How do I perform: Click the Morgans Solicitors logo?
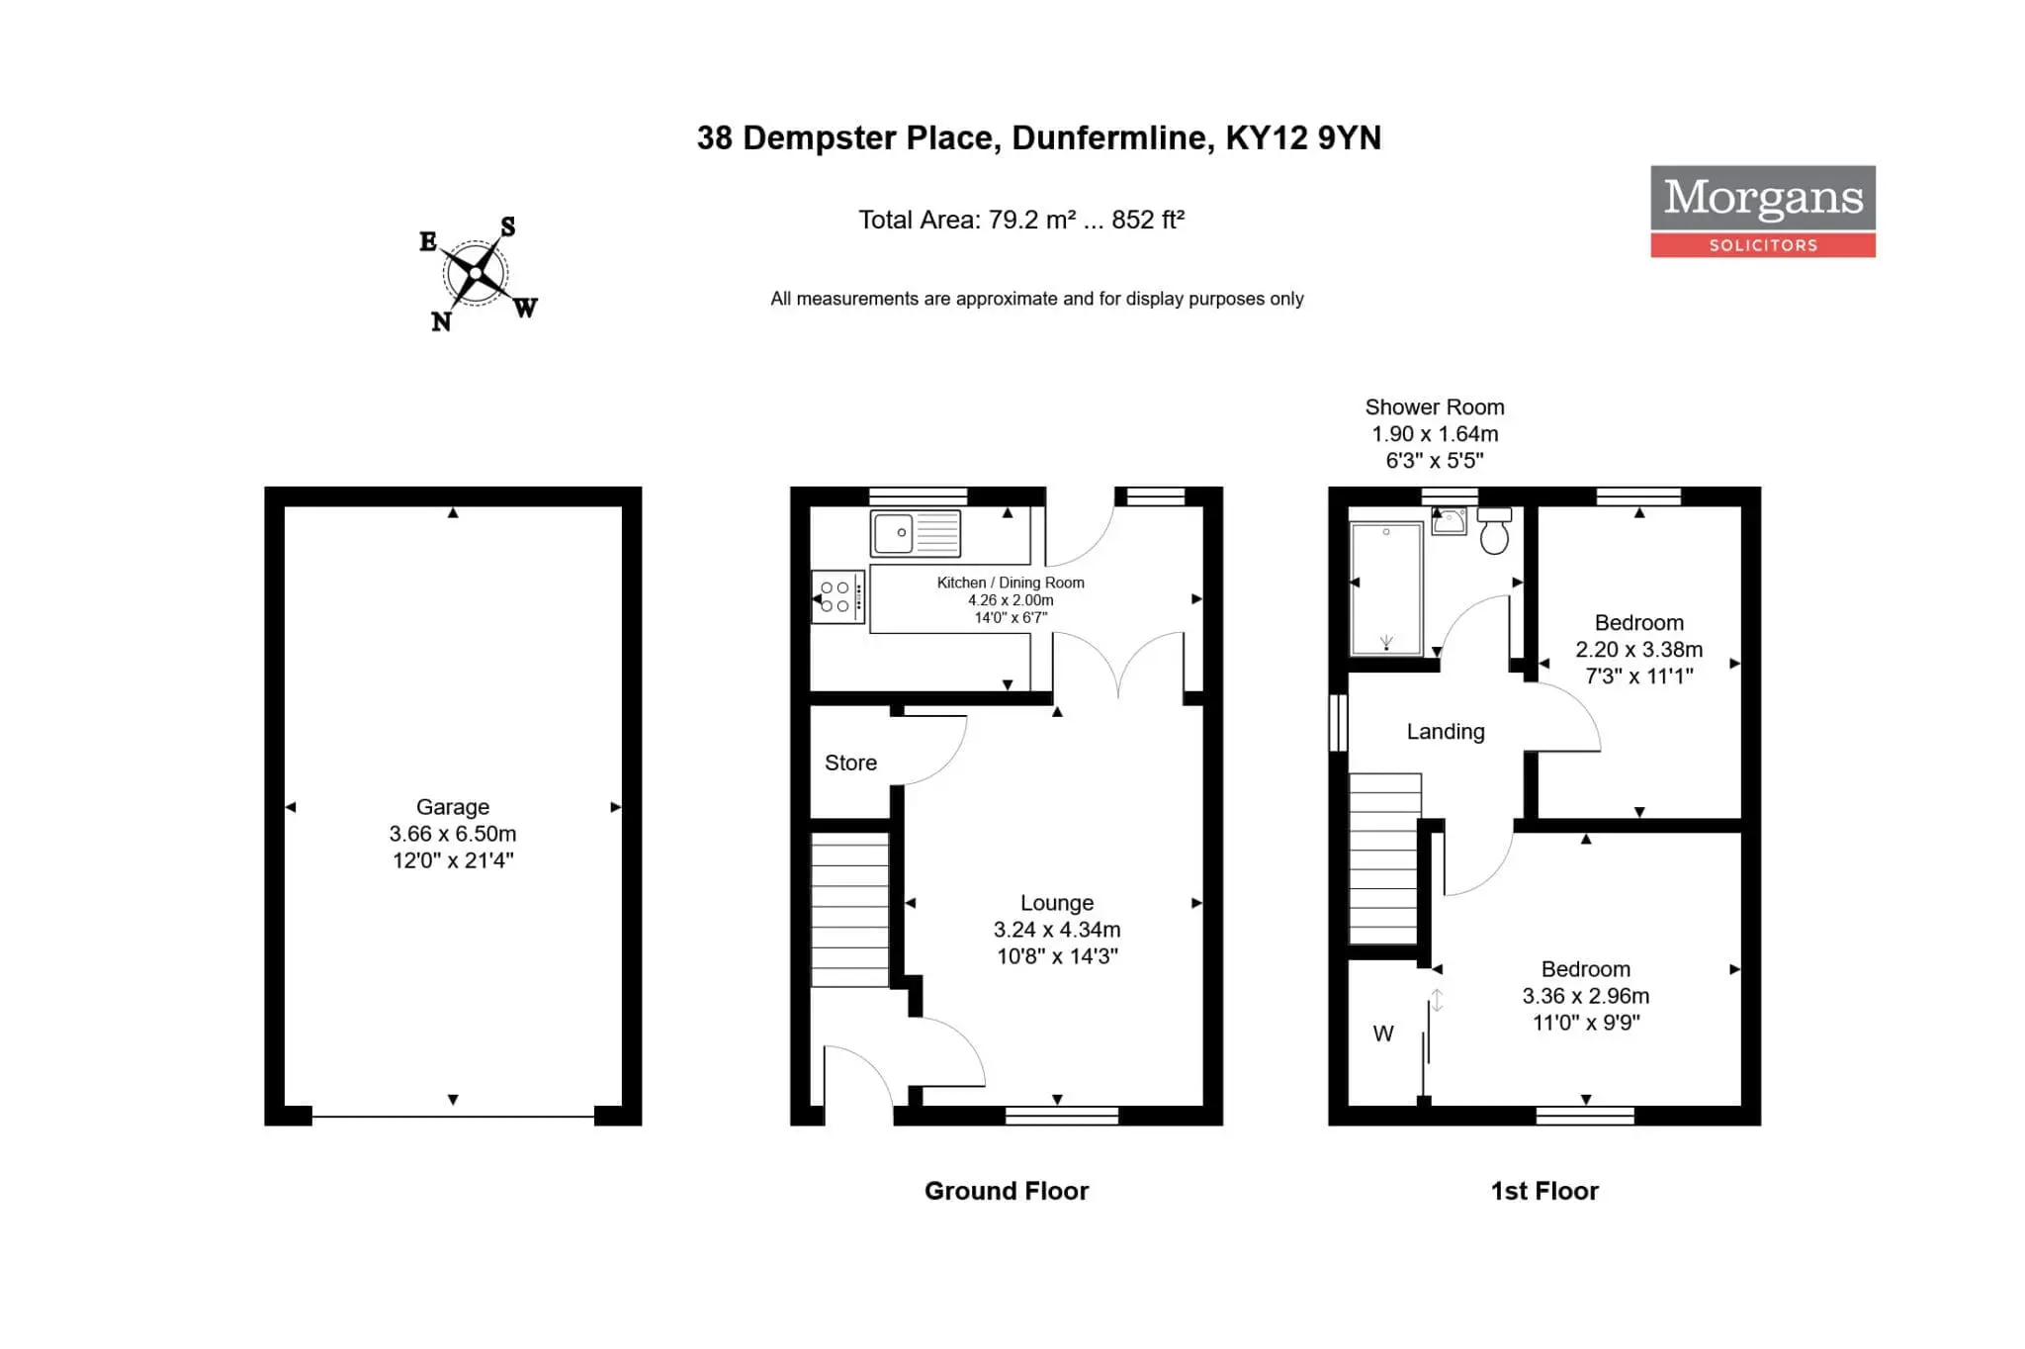pyautogui.click(x=1762, y=211)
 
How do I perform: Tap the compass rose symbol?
pyautogui.click(x=477, y=273)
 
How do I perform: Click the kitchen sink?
pyautogui.click(x=915, y=534)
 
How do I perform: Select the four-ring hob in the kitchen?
pyautogui.click(x=837, y=596)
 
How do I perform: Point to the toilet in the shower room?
pyautogui.click(x=1494, y=531)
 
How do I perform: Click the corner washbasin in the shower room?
pyautogui.click(x=1449, y=521)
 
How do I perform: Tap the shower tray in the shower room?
pyautogui.click(x=1386, y=588)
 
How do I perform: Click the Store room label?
pyautogui.click(x=850, y=763)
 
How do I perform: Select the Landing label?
pyautogui.click(x=1446, y=732)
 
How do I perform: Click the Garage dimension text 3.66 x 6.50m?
pyautogui.click(x=453, y=834)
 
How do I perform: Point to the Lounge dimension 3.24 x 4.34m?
pyautogui.click(x=1057, y=930)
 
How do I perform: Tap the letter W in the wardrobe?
pyautogui.click(x=1383, y=1034)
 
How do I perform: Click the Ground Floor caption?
pyautogui.click(x=1007, y=1191)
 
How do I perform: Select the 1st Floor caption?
pyautogui.click(x=1544, y=1191)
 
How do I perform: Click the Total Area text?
pyautogui.click(x=1021, y=220)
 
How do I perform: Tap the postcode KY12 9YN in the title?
pyautogui.click(x=1303, y=137)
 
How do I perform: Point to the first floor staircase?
pyautogui.click(x=1385, y=858)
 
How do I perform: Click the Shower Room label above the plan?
pyautogui.click(x=1435, y=407)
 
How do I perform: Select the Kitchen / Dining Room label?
pyautogui.click(x=1011, y=583)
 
